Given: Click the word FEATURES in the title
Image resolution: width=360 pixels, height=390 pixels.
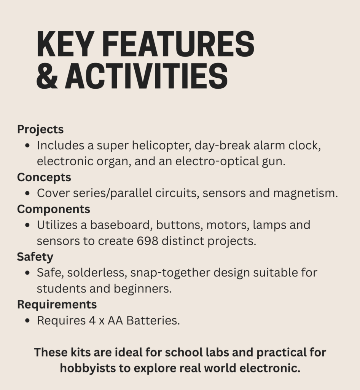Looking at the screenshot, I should (178, 44).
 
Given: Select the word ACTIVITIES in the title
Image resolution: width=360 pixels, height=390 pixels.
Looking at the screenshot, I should (146, 76).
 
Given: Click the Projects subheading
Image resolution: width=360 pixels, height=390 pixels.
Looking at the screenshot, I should (40, 129).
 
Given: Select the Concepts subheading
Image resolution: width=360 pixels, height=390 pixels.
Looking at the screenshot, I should (44, 177).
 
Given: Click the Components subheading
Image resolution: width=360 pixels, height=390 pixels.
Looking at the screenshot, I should (54, 209).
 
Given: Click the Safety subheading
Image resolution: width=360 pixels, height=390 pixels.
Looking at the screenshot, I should (35, 257).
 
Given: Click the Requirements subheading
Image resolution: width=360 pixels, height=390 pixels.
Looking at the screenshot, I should (57, 305).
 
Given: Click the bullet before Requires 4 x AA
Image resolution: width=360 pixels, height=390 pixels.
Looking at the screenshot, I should (27, 321).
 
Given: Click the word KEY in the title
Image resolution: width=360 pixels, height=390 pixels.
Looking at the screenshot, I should (65, 44).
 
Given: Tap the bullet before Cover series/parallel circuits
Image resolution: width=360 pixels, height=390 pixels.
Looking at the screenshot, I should (27, 193).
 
